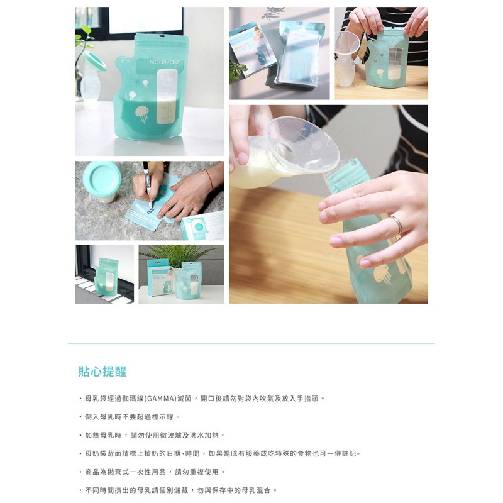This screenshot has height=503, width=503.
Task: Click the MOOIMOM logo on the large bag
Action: click(x=164, y=62)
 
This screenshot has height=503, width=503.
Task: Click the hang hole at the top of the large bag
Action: click(x=162, y=36)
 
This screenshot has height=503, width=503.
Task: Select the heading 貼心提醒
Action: click(x=102, y=372)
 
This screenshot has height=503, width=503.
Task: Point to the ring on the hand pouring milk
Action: click(x=397, y=224)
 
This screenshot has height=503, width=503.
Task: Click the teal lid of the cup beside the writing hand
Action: click(x=102, y=177)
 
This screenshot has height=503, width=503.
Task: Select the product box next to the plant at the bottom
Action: click(x=160, y=277)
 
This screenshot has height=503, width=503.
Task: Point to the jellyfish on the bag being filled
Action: click(x=382, y=274)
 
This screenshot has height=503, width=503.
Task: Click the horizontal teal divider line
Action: click(x=251, y=343)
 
